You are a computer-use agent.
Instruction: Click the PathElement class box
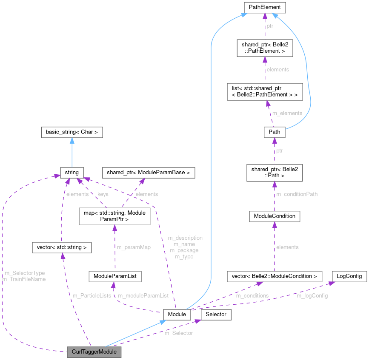click(x=264, y=7)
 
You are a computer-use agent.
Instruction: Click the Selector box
click(x=215, y=315)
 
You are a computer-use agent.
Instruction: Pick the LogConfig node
click(x=349, y=276)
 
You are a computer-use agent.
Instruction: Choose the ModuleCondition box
click(x=275, y=216)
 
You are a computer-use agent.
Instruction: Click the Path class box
click(x=275, y=132)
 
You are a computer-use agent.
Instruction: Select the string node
click(x=72, y=172)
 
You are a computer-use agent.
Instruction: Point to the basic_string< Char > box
click(x=72, y=132)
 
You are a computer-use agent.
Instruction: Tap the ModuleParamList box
click(x=114, y=276)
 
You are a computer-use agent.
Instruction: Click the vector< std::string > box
click(x=62, y=247)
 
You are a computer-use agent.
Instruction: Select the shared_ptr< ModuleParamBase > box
click(x=149, y=172)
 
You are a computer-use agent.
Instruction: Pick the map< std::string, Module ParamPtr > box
click(x=114, y=216)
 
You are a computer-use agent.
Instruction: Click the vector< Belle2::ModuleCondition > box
click(x=274, y=276)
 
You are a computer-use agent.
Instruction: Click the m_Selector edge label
click(x=178, y=333)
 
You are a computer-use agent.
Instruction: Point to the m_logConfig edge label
click(x=312, y=295)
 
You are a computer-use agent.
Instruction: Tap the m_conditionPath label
click(x=297, y=194)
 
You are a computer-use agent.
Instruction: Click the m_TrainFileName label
click(x=24, y=279)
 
